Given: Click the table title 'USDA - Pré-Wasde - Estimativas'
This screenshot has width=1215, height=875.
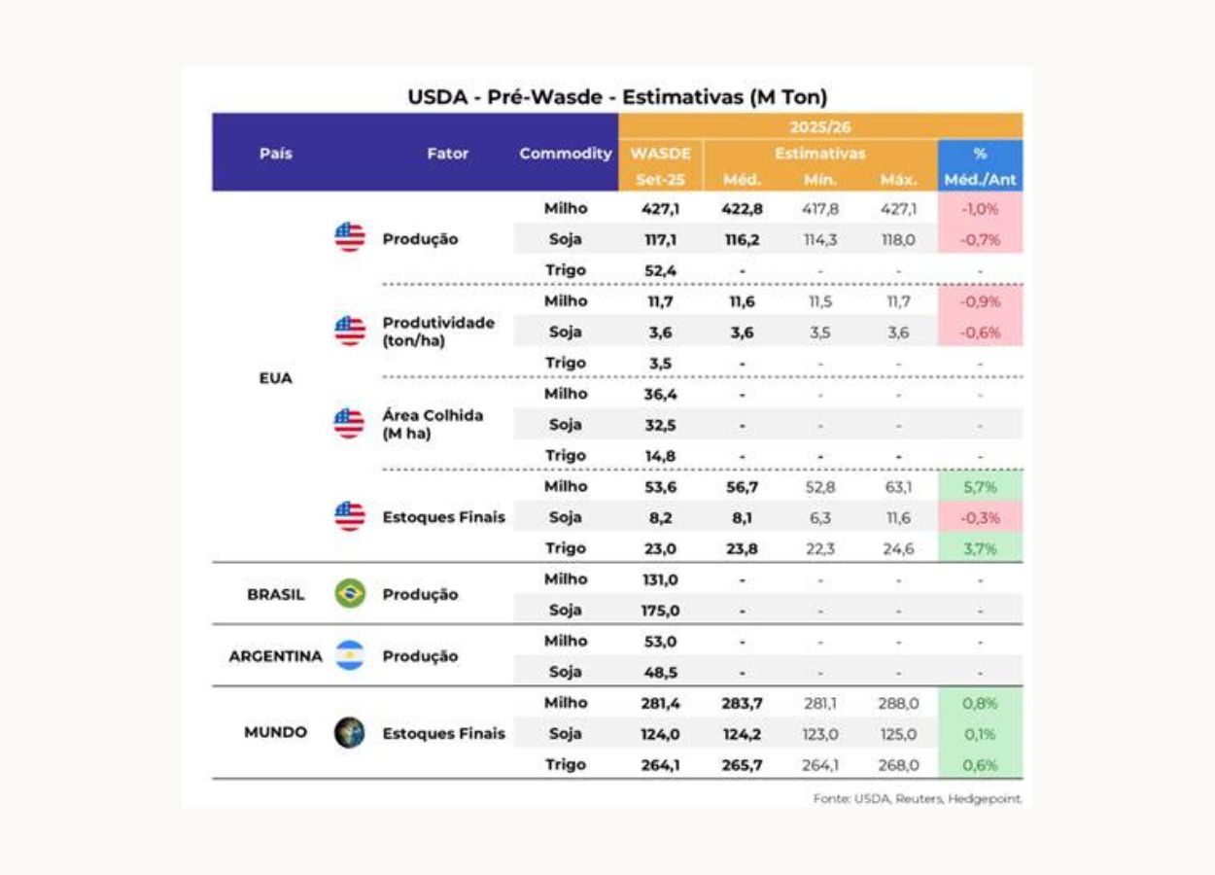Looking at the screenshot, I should tap(617, 96).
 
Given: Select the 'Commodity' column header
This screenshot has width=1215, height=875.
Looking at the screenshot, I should tap(566, 154).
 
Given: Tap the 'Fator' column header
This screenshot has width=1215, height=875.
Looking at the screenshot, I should tap(447, 154).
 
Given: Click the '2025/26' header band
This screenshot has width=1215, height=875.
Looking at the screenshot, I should tap(820, 126).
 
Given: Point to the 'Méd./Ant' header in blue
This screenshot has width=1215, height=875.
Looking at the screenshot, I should tap(980, 180).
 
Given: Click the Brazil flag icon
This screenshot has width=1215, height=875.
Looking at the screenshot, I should tap(350, 594).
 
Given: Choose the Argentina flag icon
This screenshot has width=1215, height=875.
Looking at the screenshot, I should tap(350, 655).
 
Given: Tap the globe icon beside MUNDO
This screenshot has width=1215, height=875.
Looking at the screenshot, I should tap(350, 733).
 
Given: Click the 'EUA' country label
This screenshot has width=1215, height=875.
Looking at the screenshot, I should tap(276, 377).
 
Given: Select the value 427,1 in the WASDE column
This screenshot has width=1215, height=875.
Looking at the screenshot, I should tap(660, 208).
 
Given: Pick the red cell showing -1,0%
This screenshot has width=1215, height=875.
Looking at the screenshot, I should tap(980, 208).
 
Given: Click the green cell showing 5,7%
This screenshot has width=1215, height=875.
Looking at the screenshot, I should tap(980, 486).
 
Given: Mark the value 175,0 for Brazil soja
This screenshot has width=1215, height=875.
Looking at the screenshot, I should tap(660, 611).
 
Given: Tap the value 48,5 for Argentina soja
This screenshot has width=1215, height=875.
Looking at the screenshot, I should tap(660, 672).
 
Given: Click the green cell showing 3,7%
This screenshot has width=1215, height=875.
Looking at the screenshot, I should tap(980, 548).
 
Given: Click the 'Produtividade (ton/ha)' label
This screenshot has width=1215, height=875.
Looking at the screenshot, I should tap(438, 332).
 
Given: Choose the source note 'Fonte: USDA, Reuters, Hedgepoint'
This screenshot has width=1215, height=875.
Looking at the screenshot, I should tap(918, 799).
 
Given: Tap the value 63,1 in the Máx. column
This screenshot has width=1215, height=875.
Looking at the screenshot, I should tap(899, 486).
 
